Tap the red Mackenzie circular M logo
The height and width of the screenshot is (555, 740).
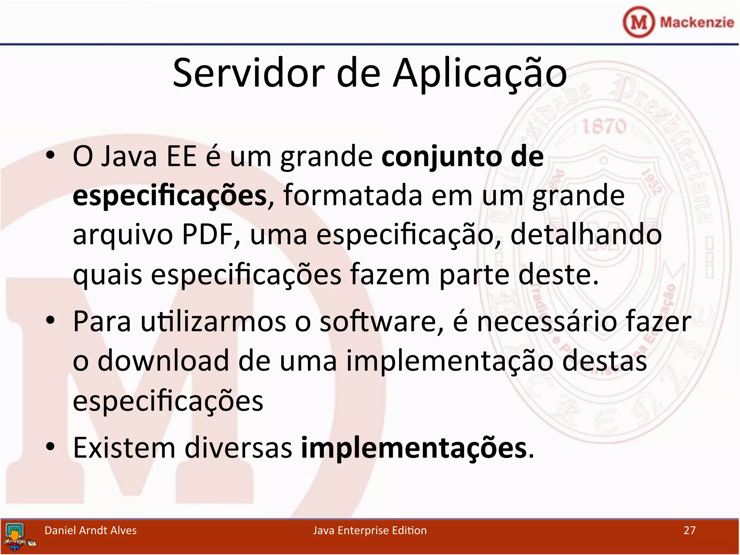point(638,22)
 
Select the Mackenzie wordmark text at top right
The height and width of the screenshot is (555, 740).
point(697,22)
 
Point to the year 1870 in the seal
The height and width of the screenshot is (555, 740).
point(604,126)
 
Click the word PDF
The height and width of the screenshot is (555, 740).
point(207,235)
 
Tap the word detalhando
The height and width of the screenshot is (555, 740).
point(586,235)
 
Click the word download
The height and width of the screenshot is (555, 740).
point(163,361)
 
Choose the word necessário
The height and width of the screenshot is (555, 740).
point(546,322)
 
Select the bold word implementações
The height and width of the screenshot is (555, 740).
point(414,448)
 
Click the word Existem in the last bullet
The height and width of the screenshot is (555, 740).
point(124,448)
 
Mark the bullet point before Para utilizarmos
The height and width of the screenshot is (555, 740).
point(50,320)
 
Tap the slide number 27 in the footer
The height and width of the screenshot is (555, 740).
point(689,530)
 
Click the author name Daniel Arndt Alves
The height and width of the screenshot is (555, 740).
point(90,530)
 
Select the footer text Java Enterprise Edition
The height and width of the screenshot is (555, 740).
point(370,530)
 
